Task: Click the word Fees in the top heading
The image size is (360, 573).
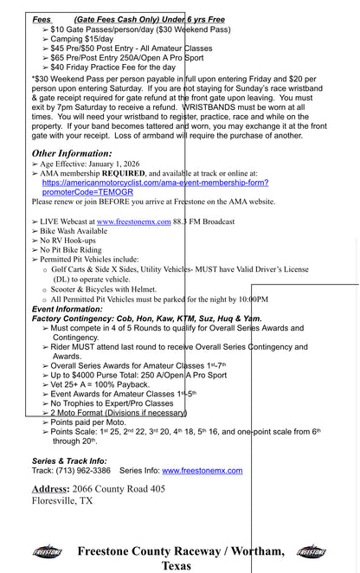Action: point(42,19)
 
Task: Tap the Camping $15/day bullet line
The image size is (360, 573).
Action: point(82,39)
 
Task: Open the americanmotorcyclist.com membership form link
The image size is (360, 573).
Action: point(155,183)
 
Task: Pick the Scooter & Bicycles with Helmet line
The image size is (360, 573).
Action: point(105,289)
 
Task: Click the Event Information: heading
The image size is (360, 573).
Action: point(67,308)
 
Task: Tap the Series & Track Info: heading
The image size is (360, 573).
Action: point(69,460)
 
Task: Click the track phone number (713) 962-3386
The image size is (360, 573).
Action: point(84,471)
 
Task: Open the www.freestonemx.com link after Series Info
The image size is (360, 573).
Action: point(202,471)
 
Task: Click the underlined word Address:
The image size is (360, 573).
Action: point(51,489)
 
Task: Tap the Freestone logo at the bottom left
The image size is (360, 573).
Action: point(47,551)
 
